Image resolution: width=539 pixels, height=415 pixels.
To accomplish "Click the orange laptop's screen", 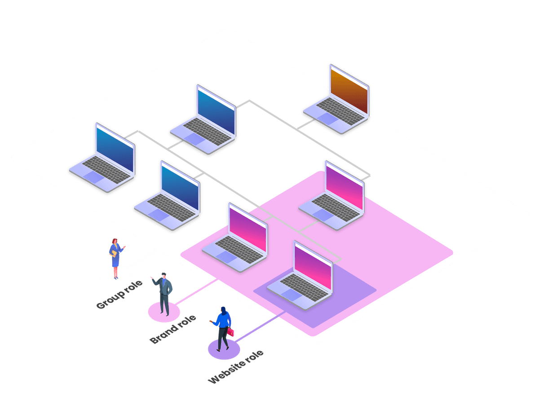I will pyautogui.click(x=349, y=89).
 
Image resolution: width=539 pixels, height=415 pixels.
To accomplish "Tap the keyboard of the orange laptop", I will pyautogui.click(x=340, y=110).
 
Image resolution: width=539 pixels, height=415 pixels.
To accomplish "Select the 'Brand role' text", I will pyautogui.click(x=173, y=329).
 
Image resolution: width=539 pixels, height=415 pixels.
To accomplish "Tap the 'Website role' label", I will pyautogui.click(x=236, y=367).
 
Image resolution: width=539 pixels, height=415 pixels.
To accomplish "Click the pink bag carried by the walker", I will pyautogui.click(x=231, y=332).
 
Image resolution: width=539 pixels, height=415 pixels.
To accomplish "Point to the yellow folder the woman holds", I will pyautogui.click(x=114, y=254).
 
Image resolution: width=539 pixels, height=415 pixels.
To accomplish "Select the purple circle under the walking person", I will pyautogui.click(x=224, y=349).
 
